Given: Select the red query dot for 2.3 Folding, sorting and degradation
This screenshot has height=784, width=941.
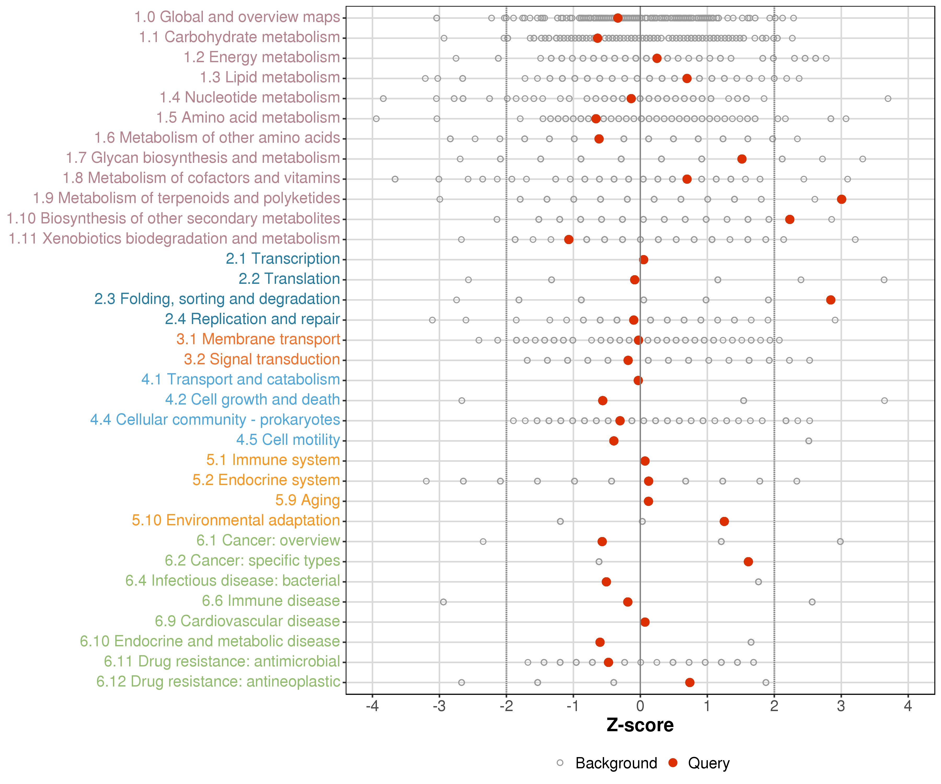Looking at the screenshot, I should pos(830,300).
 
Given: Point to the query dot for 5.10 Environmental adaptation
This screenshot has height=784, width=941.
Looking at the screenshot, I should pos(724,521).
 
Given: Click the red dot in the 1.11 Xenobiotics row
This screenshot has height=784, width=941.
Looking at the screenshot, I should pos(569,239).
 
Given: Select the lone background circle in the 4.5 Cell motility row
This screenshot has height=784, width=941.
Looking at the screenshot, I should pos(808,441).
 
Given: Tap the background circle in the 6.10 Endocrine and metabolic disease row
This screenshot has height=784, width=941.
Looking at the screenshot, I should pos(751,642).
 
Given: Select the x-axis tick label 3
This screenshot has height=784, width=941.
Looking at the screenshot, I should pos(841,706).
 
